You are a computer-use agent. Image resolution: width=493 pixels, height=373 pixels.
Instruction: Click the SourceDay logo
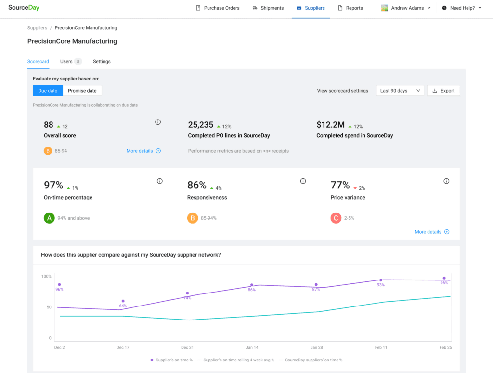24,8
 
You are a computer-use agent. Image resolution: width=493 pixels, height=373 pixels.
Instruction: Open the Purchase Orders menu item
218,8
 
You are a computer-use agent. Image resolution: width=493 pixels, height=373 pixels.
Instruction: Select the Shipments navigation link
268,8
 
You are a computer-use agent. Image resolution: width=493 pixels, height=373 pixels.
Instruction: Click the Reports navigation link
350,8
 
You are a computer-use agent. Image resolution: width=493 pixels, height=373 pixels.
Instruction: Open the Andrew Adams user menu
406,8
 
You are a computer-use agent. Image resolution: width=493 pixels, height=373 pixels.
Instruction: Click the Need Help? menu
462,8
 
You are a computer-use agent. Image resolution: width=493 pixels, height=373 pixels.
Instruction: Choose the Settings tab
102,62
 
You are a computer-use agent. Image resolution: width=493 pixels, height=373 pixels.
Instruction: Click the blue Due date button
48,91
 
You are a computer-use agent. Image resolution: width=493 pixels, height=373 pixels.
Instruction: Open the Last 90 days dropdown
400,91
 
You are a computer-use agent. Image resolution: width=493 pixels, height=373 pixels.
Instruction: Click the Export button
443,91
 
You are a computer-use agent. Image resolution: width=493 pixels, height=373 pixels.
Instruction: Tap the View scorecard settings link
342,91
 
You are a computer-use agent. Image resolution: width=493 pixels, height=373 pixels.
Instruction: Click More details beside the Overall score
143,151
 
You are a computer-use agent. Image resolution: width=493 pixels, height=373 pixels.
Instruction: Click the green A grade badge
49,218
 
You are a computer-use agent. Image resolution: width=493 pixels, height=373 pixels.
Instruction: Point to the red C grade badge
336,218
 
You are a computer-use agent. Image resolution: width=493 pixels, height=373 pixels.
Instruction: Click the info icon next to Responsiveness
303,181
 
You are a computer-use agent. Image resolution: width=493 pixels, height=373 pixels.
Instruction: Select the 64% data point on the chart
123,301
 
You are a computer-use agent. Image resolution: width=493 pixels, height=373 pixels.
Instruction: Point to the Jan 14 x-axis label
252,347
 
